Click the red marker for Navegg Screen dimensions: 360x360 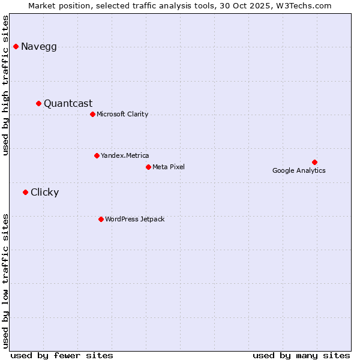pyautogui.click(x=16, y=46)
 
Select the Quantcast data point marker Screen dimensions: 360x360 pyautogui.click(x=38, y=103)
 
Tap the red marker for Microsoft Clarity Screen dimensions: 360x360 pyautogui.click(x=92, y=114)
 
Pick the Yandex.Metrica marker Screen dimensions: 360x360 pyautogui.click(x=97, y=155)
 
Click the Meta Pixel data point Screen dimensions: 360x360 pyautogui.click(x=148, y=167)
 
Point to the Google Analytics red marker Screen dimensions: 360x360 pyautogui.click(x=314, y=162)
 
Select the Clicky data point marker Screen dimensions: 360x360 pyautogui.click(x=25, y=192)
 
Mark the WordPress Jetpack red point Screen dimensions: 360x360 pyautogui.click(x=101, y=219)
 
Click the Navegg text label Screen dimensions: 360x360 pyautogui.click(x=39, y=47)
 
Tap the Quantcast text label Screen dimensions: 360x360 pyautogui.click(x=68, y=104)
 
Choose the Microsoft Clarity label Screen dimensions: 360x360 pyautogui.click(x=122, y=115)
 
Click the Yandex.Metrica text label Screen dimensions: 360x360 pyautogui.click(x=125, y=156)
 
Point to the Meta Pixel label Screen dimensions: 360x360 pyautogui.click(x=169, y=167)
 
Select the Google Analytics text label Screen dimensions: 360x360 pyautogui.click(x=299, y=171)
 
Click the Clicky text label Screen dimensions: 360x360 pyautogui.click(x=45, y=193)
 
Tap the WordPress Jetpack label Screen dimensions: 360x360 pyautogui.click(x=134, y=220)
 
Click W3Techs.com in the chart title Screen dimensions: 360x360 pyautogui.click(x=308, y=5)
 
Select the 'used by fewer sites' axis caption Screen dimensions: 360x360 pyautogui.click(x=62, y=355)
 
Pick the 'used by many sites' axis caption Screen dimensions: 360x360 pyautogui.click(x=301, y=355)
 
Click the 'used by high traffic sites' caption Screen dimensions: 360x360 pyautogui.click(x=6, y=85)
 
